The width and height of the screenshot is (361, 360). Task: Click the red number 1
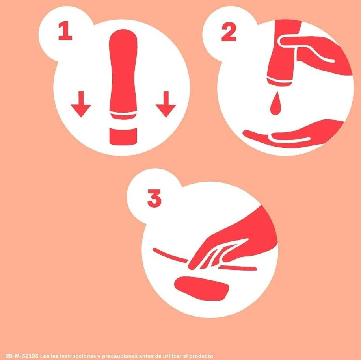click(65, 31)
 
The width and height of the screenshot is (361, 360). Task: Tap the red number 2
click(229, 32)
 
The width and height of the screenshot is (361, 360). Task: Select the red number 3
click(154, 198)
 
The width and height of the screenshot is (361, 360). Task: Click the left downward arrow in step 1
click(81, 104)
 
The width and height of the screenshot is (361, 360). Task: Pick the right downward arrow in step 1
click(166, 104)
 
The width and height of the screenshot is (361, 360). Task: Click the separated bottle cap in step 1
click(123, 136)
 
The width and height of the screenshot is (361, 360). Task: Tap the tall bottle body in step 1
click(123, 74)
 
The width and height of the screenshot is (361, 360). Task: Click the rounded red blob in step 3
click(202, 288)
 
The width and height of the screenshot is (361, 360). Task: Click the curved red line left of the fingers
click(170, 255)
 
